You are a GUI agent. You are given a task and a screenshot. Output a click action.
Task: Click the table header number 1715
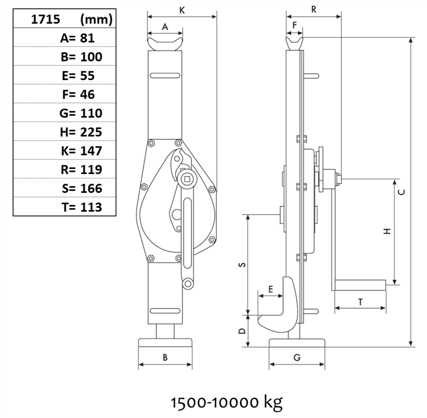(x=46, y=19)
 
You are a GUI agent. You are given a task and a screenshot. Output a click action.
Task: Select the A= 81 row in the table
(x=77, y=38)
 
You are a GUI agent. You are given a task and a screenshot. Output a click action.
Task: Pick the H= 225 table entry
(x=81, y=132)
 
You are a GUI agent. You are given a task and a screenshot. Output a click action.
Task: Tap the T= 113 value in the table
(x=82, y=207)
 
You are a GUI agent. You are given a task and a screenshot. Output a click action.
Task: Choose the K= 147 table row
(x=81, y=151)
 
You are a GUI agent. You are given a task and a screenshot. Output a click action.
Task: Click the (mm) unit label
(x=96, y=20)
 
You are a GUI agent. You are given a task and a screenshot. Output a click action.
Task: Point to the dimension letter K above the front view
(x=182, y=10)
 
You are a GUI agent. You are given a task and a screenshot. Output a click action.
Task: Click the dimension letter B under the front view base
(x=165, y=357)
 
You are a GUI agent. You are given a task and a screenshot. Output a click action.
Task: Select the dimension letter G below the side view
(x=297, y=357)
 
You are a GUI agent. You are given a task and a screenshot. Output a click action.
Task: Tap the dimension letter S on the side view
(x=242, y=265)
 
